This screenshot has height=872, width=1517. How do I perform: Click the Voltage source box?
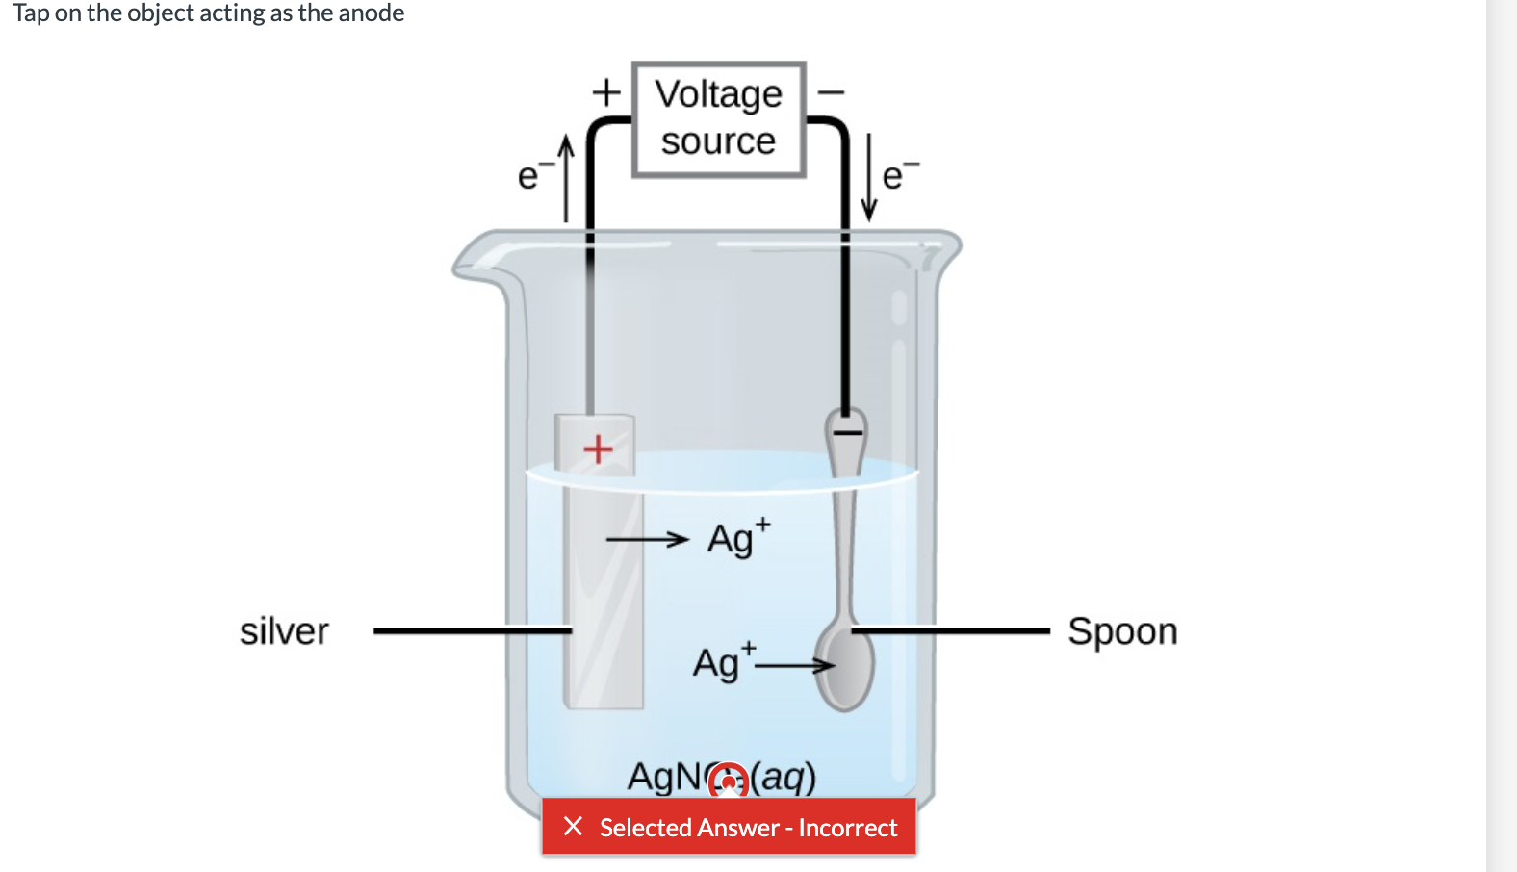click(x=718, y=119)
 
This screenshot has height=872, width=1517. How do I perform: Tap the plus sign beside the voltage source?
click(x=605, y=92)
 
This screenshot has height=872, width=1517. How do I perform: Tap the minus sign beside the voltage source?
click(x=831, y=92)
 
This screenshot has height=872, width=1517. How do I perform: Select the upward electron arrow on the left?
click(x=567, y=178)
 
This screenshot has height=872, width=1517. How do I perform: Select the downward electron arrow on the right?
click(x=869, y=178)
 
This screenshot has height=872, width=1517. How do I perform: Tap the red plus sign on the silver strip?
click(x=598, y=449)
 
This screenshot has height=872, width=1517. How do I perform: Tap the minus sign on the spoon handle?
click(x=847, y=432)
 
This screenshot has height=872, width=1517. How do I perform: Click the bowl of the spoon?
click(x=845, y=667)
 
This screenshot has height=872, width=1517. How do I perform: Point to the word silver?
click(x=284, y=632)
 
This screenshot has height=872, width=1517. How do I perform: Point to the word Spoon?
click(x=1122, y=632)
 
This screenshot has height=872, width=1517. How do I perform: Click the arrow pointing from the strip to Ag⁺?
click(x=647, y=539)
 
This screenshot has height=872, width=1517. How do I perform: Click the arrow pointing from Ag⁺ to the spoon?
click(x=794, y=664)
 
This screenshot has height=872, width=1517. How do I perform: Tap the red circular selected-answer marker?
click(x=729, y=781)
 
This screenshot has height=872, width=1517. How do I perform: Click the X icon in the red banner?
click(x=573, y=826)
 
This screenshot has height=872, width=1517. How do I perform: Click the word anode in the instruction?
click(x=372, y=13)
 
